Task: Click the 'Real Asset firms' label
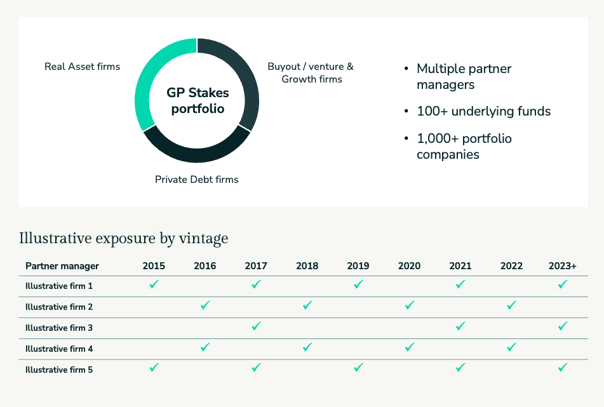point(82,66)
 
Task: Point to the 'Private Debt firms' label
point(197,180)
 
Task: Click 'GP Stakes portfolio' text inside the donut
point(198,101)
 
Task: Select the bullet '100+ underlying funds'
point(483,112)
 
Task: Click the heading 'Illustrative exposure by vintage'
point(123,239)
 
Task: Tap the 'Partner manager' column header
point(62,266)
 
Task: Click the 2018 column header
point(307,266)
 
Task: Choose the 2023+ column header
point(563,266)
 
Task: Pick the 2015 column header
point(154,266)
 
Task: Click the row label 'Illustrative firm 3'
point(59,328)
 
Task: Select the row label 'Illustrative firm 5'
point(59,370)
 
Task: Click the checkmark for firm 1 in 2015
point(154,284)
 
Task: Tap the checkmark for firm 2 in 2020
point(410,305)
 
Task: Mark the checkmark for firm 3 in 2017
point(256,326)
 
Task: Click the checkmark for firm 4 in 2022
point(511,347)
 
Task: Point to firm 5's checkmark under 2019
point(358,368)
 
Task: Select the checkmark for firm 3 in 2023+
point(563,326)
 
